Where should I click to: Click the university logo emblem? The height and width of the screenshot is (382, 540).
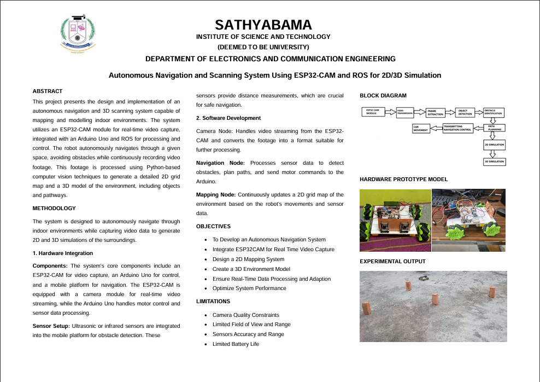click(77, 33)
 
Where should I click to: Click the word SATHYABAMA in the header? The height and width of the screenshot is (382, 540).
click(263, 25)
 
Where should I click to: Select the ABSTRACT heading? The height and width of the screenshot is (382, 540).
click(48, 91)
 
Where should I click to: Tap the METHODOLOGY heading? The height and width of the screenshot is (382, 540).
click(54, 208)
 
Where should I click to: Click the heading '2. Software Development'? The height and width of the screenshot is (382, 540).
click(228, 118)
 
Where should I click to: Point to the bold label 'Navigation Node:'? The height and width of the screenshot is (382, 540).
click(221, 163)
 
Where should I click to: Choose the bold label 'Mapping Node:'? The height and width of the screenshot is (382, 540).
click(216, 194)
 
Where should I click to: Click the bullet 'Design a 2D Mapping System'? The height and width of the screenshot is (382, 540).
click(248, 259)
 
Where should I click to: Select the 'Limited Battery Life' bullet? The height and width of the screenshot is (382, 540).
click(236, 344)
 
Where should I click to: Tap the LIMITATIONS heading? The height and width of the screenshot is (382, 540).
click(213, 301)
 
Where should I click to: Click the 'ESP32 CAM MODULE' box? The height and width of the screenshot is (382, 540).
click(374, 112)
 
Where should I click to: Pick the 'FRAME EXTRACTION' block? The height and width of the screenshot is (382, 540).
click(435, 112)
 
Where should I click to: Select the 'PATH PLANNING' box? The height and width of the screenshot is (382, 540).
click(494, 129)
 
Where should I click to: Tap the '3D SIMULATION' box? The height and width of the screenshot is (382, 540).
click(494, 161)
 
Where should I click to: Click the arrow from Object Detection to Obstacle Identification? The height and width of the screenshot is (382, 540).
click(478, 112)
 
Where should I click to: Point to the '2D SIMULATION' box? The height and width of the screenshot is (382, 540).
click(494, 145)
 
